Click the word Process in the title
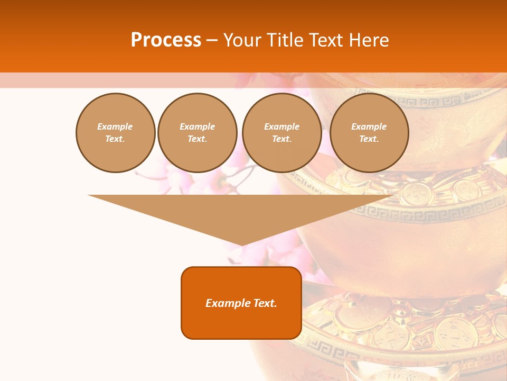click(166, 40)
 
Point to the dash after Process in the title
click(212, 41)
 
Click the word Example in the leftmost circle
click(115, 126)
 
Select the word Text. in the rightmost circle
click(369, 139)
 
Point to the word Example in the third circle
click(281, 126)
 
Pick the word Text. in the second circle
click(197, 139)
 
